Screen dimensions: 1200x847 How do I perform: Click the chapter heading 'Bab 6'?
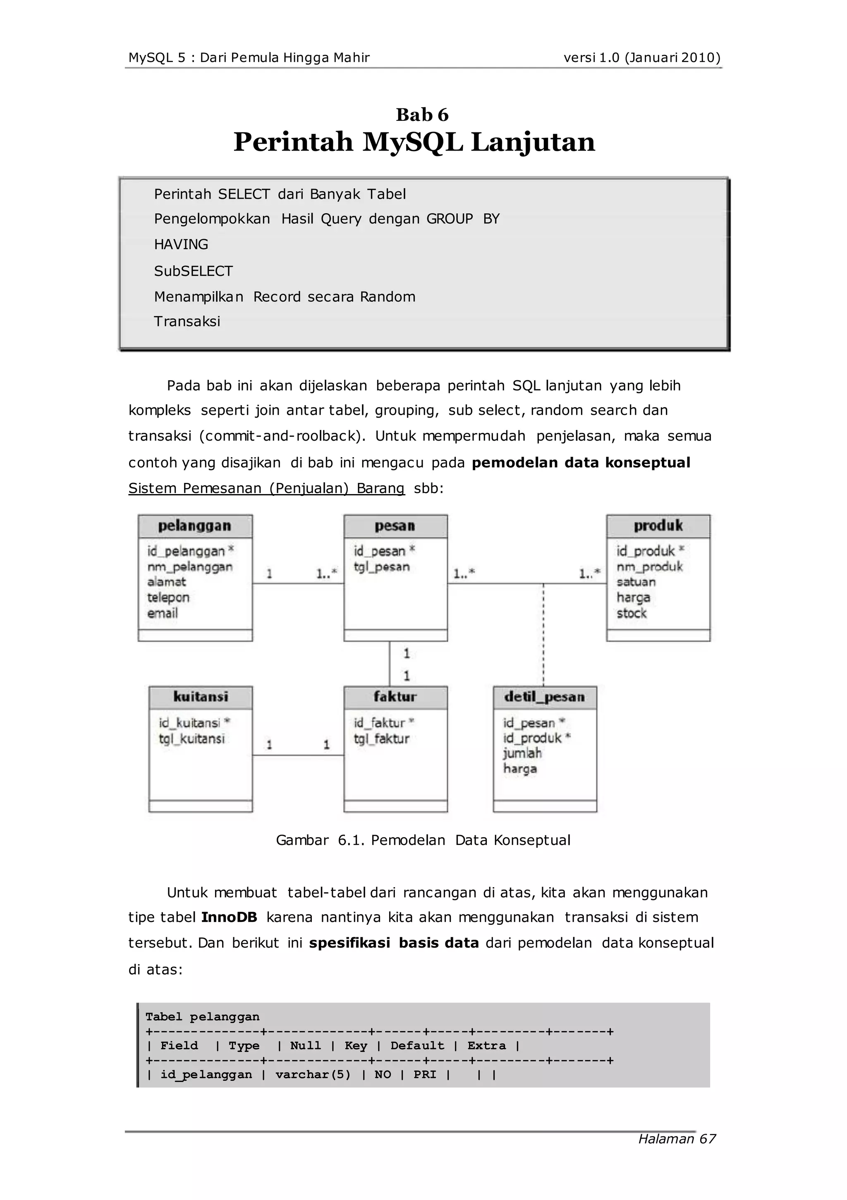(x=422, y=115)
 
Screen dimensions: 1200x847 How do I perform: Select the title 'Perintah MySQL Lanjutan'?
(x=414, y=142)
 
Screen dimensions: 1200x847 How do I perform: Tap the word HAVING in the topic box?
(x=181, y=245)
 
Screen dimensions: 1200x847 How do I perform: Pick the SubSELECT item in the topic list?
(x=193, y=271)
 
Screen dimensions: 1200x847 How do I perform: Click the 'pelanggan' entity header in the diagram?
(x=195, y=526)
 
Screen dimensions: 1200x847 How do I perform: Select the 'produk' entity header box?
(x=658, y=526)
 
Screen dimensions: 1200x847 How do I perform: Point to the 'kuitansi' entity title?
(x=201, y=697)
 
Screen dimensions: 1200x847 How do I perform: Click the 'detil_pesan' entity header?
(x=544, y=697)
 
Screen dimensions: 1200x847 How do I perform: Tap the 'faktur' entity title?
(x=395, y=697)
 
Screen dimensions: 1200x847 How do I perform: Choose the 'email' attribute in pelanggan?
(x=163, y=613)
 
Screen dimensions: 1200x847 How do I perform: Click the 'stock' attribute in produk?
(x=631, y=613)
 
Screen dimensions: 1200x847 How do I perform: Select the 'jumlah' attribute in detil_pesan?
(x=522, y=753)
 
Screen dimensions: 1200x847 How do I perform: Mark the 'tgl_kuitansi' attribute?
(x=192, y=739)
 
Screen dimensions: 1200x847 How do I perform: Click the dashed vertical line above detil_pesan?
(x=543, y=635)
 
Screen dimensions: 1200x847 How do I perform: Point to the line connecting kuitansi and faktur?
(x=298, y=755)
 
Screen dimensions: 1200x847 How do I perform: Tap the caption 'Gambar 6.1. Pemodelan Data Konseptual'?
(x=423, y=840)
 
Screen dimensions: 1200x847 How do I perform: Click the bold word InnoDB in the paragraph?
(x=229, y=917)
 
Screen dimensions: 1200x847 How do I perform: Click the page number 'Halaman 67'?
(x=677, y=1139)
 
